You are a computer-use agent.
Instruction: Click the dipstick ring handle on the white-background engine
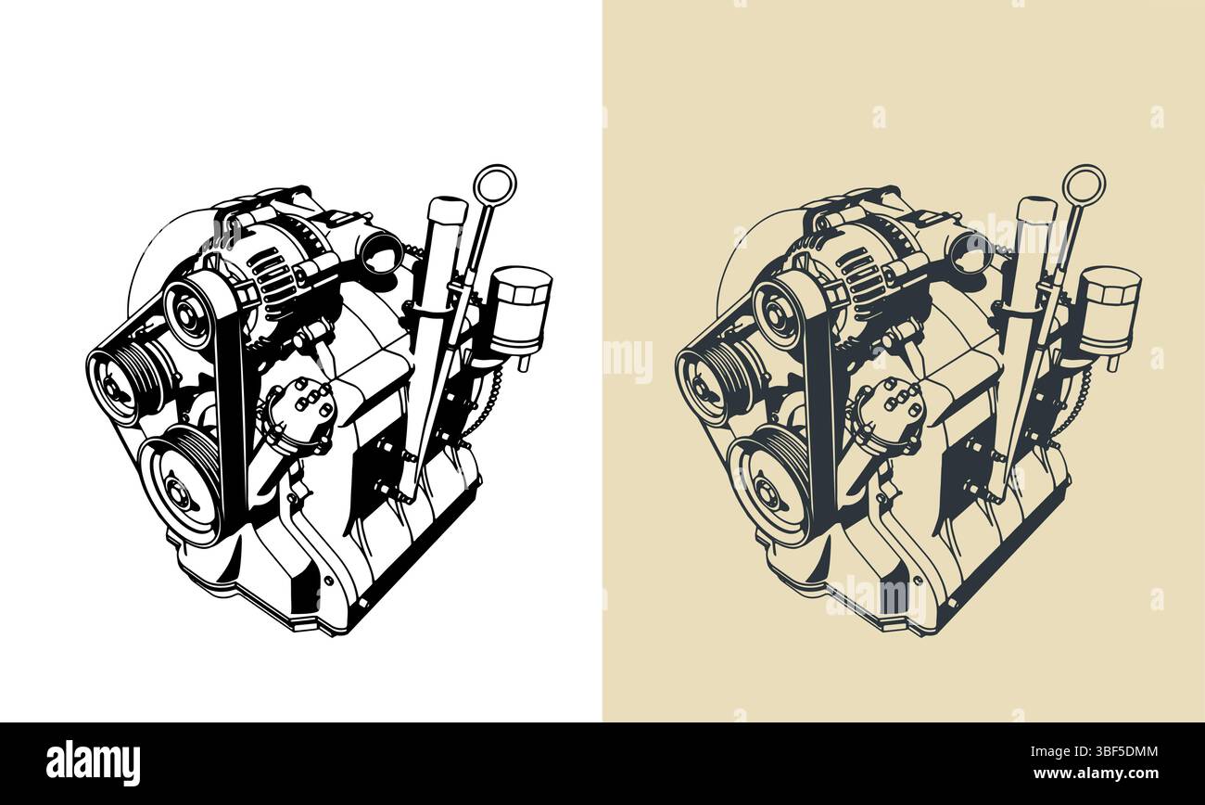494,182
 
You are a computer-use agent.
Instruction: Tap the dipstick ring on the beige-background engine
1084,182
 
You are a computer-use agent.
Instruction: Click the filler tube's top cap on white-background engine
447,209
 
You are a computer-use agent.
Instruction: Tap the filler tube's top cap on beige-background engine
1036,209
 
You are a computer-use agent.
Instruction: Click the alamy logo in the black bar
93,762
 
